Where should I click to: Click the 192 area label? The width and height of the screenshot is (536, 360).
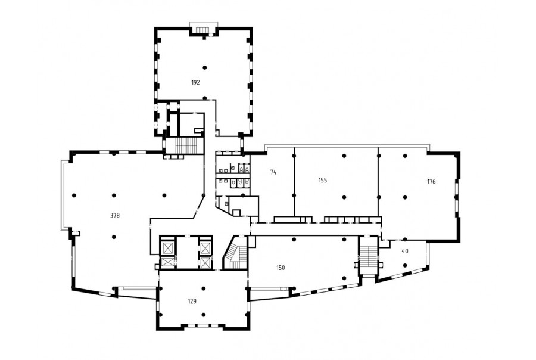coord(195,82)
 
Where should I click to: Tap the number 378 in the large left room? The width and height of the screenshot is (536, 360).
coord(115,216)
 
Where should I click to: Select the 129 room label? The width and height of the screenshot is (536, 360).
coord(192,302)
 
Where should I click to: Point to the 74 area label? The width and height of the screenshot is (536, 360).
coord(273,172)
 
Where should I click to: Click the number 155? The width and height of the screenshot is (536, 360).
coord(323,181)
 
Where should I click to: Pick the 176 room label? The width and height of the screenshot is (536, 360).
coord(431,182)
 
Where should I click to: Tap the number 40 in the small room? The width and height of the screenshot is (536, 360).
coord(405,251)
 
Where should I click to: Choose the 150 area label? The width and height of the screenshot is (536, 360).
coord(281,268)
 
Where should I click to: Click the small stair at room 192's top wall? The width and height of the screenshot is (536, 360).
coord(202,30)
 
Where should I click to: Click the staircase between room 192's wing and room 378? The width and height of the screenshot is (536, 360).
coord(185,145)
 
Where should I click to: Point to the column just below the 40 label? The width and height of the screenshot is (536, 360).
coord(405,265)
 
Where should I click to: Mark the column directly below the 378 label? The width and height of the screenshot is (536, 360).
coord(114,237)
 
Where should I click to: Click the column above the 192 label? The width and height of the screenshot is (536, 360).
coord(204,67)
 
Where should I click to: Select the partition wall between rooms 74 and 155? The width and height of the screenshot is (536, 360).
coord(294,182)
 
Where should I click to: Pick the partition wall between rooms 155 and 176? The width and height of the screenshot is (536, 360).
coord(378,182)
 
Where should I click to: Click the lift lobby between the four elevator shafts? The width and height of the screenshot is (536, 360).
coord(186,253)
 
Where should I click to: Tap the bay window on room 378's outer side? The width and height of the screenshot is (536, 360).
coord(64,195)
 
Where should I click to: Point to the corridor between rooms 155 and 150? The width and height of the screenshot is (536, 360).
coord(316,229)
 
